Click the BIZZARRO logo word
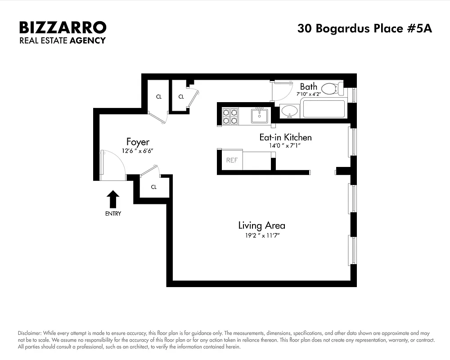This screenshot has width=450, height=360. pos(63,27)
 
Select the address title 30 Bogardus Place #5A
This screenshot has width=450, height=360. pos(364,28)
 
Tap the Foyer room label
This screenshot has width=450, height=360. pos(138,142)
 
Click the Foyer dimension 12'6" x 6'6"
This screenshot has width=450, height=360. pos(138,151)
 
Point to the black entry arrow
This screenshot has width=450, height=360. pos(113,199)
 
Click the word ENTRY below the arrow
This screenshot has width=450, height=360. pos(113,214)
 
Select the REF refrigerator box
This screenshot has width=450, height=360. pos(232,160)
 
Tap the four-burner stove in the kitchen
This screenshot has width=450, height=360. pos(230,116)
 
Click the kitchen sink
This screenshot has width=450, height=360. pos(259,116)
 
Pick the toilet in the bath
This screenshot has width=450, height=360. pos(332,88)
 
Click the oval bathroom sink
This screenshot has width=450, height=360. pos(290,111)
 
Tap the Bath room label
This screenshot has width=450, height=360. pos(309,86)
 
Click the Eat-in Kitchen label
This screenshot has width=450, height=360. pos(285,137)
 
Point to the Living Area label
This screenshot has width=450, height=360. pos(261,225)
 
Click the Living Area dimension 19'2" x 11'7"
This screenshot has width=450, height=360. pos(261,235)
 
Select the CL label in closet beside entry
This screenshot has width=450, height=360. pos(153,187)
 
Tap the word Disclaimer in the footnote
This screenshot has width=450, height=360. pos(30,332)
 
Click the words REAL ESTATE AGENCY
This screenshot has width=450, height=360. pos(63,40)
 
